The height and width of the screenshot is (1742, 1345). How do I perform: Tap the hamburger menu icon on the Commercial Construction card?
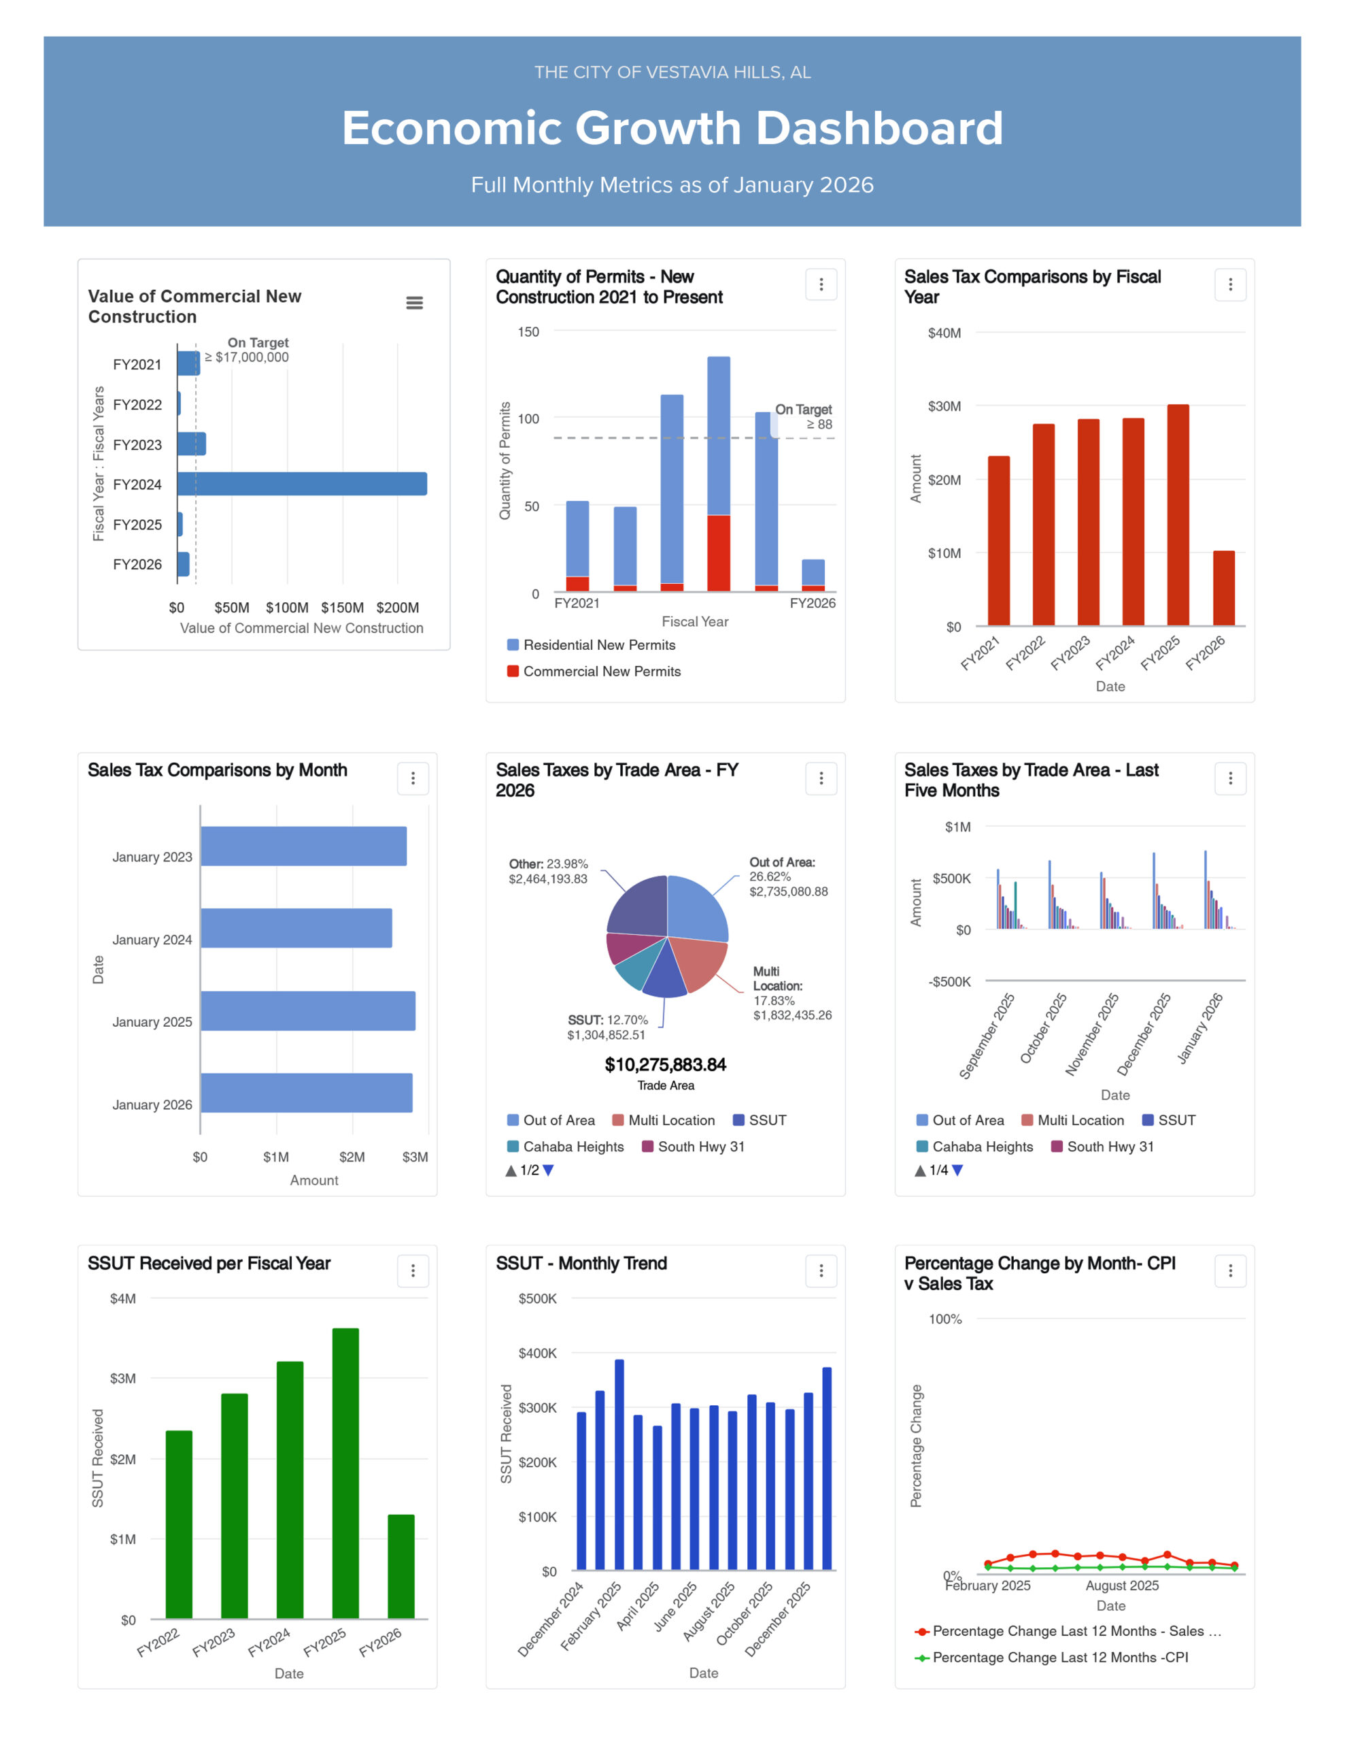415,303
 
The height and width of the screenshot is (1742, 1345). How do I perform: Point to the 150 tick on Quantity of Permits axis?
528,332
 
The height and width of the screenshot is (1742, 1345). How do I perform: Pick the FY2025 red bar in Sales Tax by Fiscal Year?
1178,514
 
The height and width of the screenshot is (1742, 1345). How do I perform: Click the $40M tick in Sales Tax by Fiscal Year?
944,333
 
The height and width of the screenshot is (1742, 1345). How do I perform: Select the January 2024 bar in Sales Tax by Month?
296,928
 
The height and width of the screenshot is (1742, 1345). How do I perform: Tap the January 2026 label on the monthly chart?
152,1104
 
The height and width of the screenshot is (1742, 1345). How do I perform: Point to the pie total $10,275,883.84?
666,1065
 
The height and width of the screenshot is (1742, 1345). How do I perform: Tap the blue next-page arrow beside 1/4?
957,1170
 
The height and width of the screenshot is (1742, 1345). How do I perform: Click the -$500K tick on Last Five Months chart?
949,982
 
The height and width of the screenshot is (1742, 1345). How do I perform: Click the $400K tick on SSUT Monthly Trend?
537,1353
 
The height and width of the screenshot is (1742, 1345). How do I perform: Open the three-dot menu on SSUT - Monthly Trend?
821,1270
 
